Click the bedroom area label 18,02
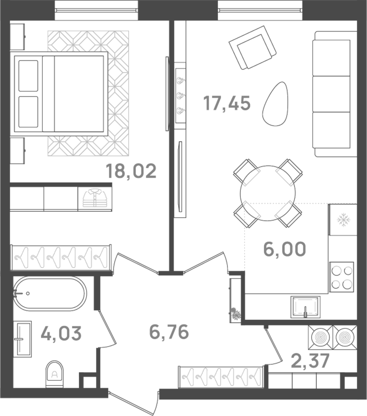pos(131,171)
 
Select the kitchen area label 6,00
pos(284,249)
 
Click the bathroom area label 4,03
pos(61,333)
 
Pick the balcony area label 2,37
pos(310,361)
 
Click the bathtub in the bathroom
pos(50,294)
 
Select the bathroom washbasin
pos(22,339)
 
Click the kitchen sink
pos(305,306)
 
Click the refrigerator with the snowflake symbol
pos(343,220)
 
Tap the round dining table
pos(268,193)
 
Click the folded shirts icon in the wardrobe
pos(95,199)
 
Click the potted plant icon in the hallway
pos(236,314)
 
